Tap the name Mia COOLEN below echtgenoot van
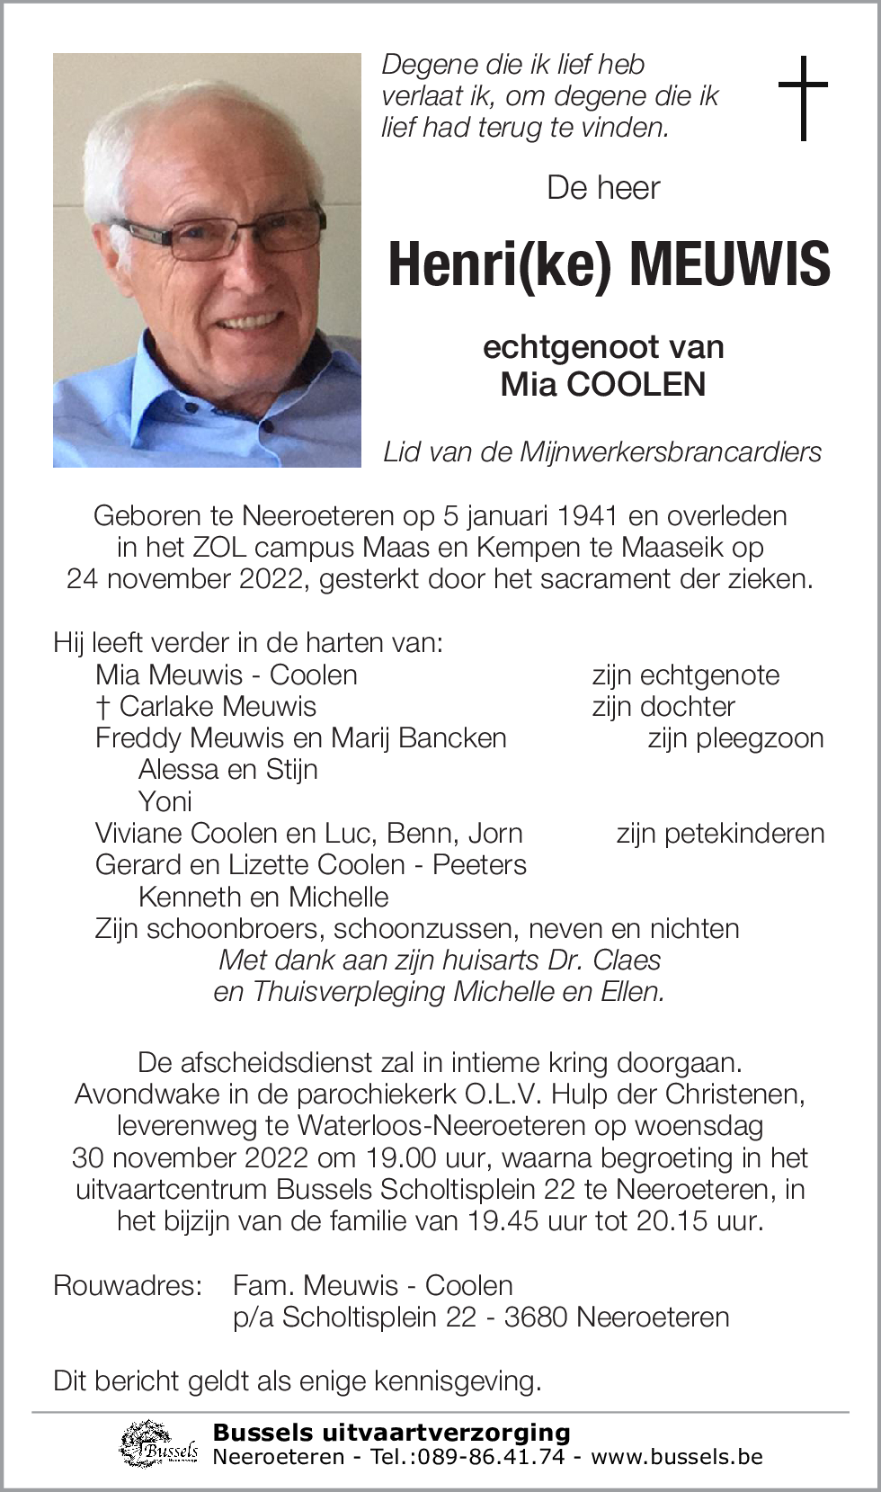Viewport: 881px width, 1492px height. pyautogui.click(x=603, y=384)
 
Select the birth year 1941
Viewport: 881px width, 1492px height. pyautogui.click(x=587, y=515)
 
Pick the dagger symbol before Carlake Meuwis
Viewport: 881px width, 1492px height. pyautogui.click(x=102, y=707)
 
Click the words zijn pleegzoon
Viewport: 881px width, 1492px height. pyautogui.click(x=735, y=738)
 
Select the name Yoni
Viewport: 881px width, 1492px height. pyautogui.click(x=165, y=801)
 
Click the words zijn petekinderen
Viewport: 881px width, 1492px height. pyautogui.click(x=720, y=834)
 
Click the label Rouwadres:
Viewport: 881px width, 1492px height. pyautogui.click(x=128, y=1285)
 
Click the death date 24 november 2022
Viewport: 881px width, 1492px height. pyautogui.click(x=188, y=578)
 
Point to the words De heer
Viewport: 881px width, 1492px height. pyautogui.click(x=603, y=187)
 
